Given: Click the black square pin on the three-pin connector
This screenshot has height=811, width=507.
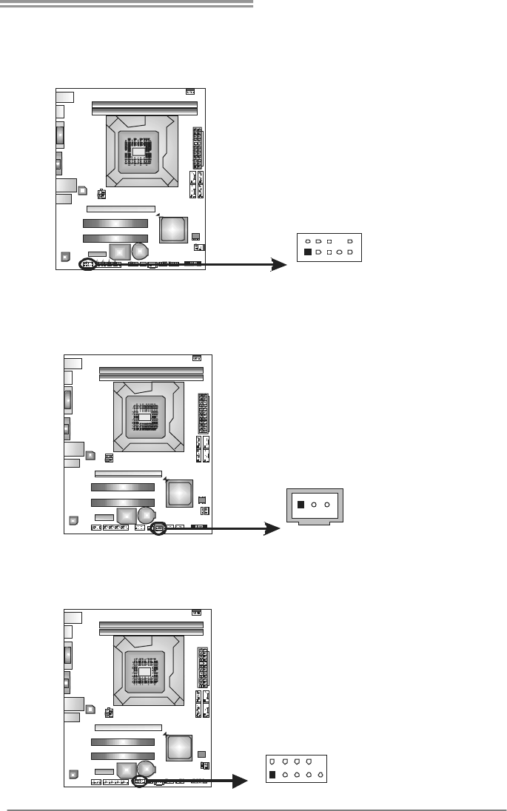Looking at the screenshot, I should pos(300,505).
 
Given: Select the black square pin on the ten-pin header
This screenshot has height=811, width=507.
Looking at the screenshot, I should pos(272,775).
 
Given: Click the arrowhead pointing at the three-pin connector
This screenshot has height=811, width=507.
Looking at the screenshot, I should pos(272,530).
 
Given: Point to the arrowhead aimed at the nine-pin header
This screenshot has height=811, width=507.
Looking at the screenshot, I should pos(279,264).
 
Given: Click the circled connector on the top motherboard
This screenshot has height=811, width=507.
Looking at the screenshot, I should pos(87,264).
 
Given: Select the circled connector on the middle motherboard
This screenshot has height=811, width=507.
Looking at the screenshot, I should pos(157,529).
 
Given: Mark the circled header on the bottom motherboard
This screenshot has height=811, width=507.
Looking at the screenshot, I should pos(140,781).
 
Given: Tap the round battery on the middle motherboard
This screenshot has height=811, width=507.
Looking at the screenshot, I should pos(147,513).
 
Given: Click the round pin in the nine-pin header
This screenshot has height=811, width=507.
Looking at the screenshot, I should pos(338,252).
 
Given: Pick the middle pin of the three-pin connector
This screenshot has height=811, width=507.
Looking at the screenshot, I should pos(314,505).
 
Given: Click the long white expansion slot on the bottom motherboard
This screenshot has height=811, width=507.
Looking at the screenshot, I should pos(128,727).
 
